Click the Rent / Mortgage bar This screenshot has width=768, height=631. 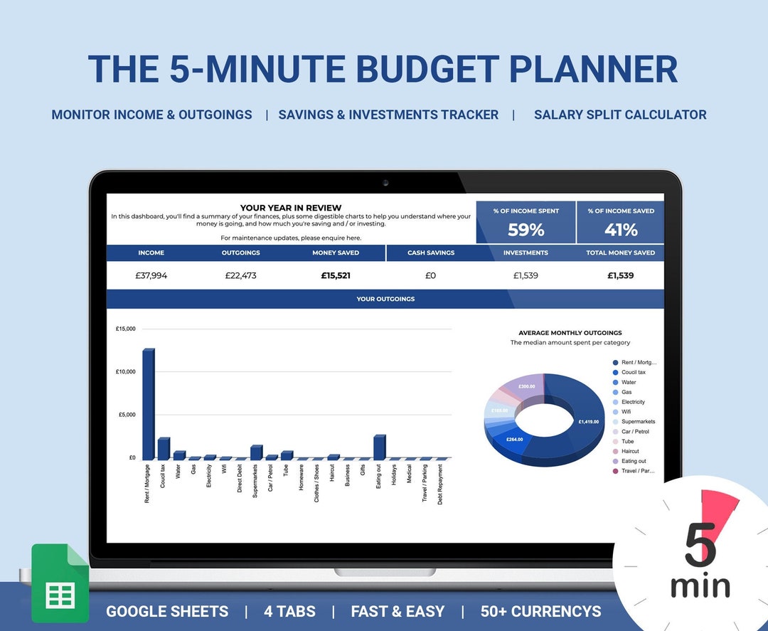[x=149, y=404]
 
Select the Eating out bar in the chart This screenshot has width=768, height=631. [x=379, y=447]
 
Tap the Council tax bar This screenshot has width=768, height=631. [x=164, y=449]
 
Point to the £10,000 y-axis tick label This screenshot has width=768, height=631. [x=125, y=372]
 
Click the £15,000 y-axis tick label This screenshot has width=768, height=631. [x=125, y=329]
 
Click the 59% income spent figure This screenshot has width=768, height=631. [x=526, y=230]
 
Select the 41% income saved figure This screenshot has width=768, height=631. [x=621, y=230]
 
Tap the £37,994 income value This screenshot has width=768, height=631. [x=151, y=275]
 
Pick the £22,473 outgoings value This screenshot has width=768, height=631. [x=240, y=275]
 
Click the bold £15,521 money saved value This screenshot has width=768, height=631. [x=336, y=275]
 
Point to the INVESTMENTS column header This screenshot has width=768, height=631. [x=526, y=253]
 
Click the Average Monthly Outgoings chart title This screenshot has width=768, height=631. [x=570, y=333]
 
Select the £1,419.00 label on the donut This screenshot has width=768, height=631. [x=589, y=421]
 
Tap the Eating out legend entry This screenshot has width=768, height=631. [x=633, y=461]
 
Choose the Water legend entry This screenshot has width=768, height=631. [x=629, y=382]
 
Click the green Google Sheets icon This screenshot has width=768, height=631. [x=60, y=583]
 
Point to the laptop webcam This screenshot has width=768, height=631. [x=385, y=183]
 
